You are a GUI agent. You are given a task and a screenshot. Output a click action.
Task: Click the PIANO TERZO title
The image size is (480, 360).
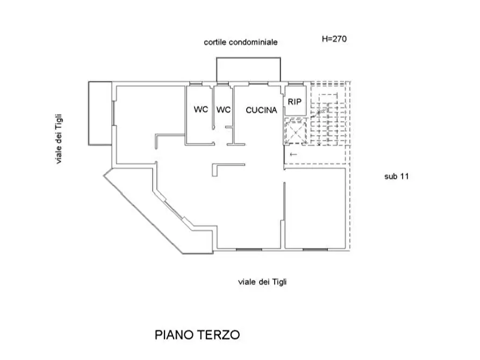coord(197,335)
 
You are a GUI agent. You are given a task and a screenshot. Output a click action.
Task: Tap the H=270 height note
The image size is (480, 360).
coord(334,39)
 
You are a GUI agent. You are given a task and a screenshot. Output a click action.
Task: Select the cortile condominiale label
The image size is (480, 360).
coord(241,42)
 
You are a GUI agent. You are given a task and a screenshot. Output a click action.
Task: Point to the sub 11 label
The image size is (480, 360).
coord(397,176)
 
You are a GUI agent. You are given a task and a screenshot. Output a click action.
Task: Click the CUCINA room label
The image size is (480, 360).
coord(261,110)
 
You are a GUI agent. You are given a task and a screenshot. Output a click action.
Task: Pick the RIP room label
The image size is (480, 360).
coord(295,102)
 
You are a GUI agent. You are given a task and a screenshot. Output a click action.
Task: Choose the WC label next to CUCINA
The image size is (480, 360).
coord(224,110)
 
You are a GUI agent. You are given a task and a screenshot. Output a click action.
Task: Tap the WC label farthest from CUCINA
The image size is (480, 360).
coord(201,109)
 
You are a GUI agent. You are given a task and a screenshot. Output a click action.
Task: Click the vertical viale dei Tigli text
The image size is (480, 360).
coord(59,139)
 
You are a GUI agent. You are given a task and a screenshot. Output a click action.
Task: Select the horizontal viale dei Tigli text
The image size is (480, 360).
coord(262,282)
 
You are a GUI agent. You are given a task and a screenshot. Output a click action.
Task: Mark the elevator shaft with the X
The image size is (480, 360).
coord(296,131)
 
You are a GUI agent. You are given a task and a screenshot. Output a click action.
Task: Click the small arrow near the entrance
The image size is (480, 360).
coord(293,154)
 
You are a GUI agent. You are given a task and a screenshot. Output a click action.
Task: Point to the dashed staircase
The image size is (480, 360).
coord(329,113)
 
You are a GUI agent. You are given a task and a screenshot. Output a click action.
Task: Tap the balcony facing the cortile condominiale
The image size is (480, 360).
coord(248,58)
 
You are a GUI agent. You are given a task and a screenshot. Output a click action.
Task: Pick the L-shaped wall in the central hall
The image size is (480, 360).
coord(214,165)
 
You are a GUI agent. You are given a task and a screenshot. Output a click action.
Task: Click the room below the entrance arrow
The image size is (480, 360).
coord(316,208)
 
